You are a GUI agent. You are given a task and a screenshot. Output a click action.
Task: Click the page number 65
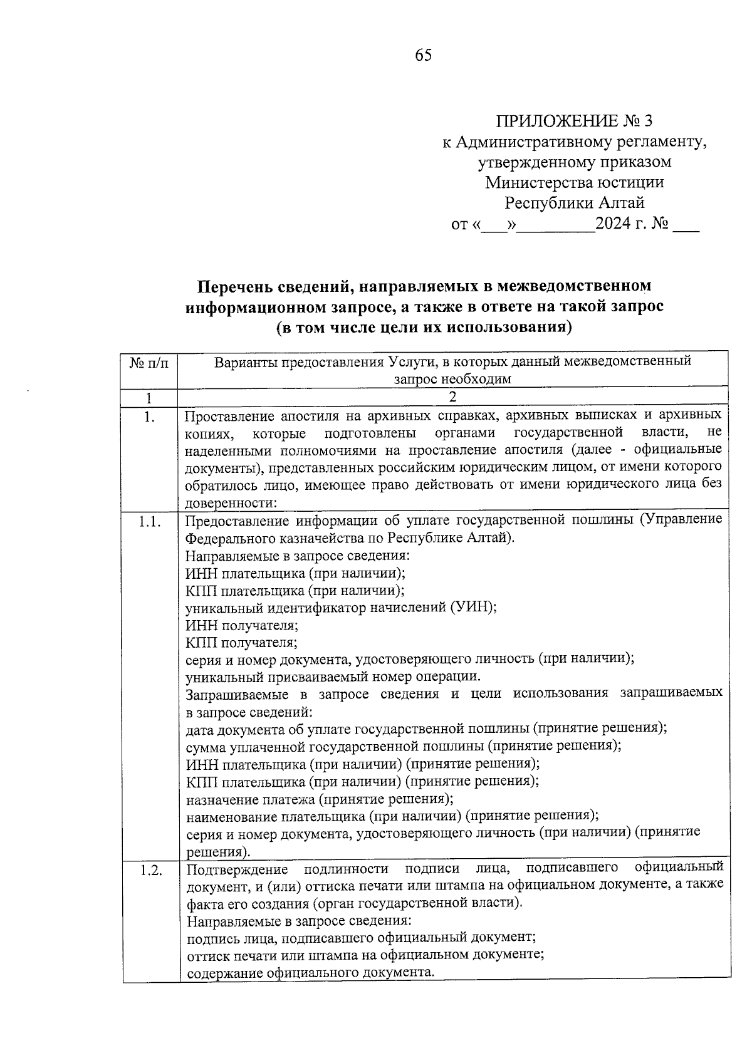point(423,55)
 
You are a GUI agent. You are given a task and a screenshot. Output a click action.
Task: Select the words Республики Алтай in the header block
point(574,203)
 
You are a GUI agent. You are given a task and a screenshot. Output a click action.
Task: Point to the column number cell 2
point(452,397)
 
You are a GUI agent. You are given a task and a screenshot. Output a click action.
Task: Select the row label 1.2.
point(150,869)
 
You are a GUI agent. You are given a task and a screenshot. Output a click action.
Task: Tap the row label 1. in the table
point(149,416)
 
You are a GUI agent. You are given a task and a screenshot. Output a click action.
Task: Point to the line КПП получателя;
point(241,642)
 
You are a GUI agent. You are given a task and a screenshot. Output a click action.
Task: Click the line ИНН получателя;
point(242,625)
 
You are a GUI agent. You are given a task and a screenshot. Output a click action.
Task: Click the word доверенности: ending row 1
point(231,502)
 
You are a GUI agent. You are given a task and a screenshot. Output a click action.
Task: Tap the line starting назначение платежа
point(320,799)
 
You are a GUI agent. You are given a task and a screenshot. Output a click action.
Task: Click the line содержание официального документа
point(310,972)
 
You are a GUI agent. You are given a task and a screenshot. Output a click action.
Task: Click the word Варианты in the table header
point(242,362)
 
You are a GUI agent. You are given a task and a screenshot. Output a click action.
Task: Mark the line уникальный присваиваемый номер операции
point(333,677)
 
